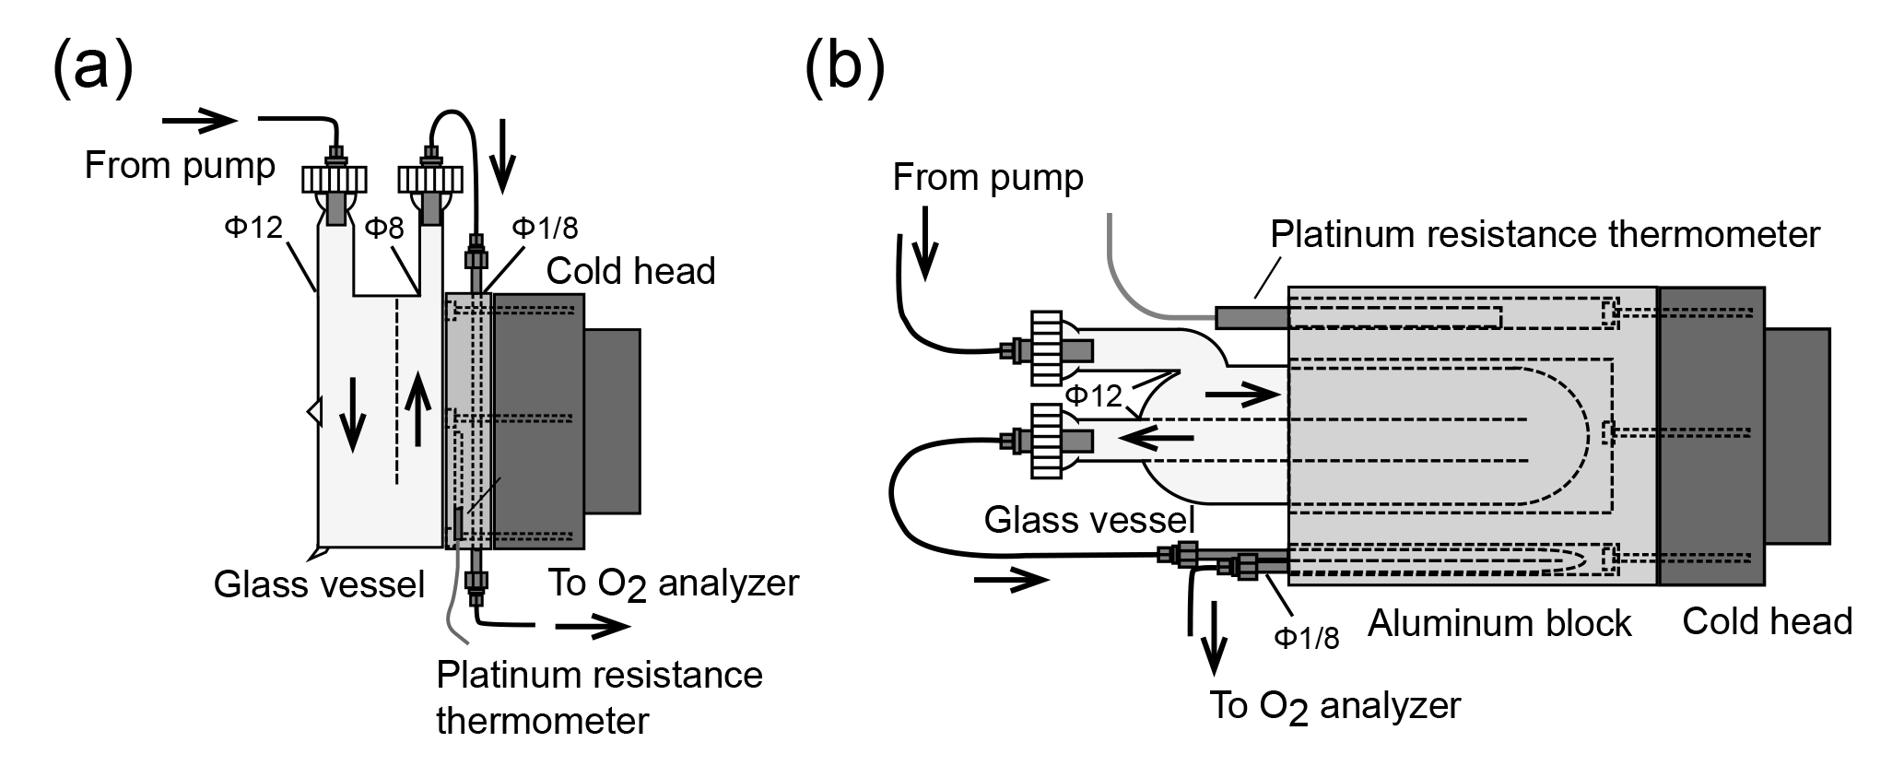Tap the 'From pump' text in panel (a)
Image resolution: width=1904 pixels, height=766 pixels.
tap(180, 166)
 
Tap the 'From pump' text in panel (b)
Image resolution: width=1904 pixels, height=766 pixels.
tap(988, 177)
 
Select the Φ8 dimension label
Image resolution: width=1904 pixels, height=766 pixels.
tap(384, 228)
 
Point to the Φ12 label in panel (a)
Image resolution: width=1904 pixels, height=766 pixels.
tap(253, 227)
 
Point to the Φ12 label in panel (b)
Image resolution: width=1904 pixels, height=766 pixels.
tap(1094, 396)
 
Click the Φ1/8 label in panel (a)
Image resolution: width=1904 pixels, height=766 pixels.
tap(546, 228)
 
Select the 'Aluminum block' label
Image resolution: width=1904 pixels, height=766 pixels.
tap(1499, 624)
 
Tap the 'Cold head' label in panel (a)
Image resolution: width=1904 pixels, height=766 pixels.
tap(630, 271)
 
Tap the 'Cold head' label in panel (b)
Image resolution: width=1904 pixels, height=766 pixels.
tap(1767, 621)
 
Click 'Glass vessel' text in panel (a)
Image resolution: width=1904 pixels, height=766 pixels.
tap(319, 584)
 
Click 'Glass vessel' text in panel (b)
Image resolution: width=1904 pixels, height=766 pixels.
tap(1089, 520)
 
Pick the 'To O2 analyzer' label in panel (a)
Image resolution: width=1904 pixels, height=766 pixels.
tap(673, 584)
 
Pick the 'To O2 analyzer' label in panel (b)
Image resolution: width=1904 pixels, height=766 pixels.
tap(1334, 707)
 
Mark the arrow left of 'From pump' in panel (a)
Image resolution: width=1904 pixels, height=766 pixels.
tap(200, 119)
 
